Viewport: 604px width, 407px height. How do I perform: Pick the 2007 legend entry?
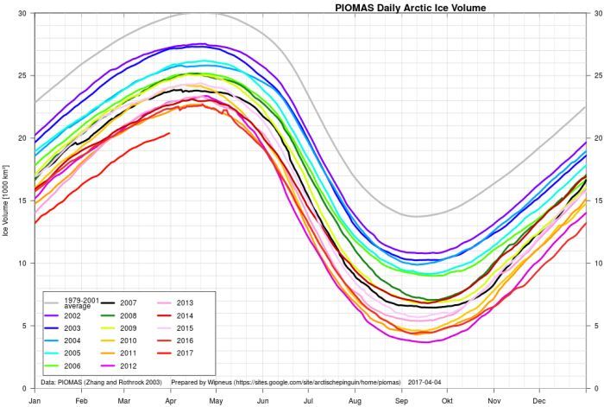(126, 303)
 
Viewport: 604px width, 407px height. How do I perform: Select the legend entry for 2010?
(126, 340)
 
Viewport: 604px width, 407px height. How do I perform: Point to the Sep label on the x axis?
(401, 401)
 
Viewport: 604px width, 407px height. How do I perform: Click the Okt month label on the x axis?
(447, 401)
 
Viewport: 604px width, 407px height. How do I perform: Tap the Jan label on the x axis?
(35, 401)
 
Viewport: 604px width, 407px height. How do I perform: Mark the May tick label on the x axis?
(217, 401)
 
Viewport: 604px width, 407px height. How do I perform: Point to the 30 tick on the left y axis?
(21, 14)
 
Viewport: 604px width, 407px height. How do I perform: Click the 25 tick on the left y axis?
(21, 76)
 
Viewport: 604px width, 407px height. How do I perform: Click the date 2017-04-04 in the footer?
(426, 381)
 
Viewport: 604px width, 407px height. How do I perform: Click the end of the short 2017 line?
(169, 133)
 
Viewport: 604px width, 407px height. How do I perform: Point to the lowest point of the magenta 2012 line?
(423, 342)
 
